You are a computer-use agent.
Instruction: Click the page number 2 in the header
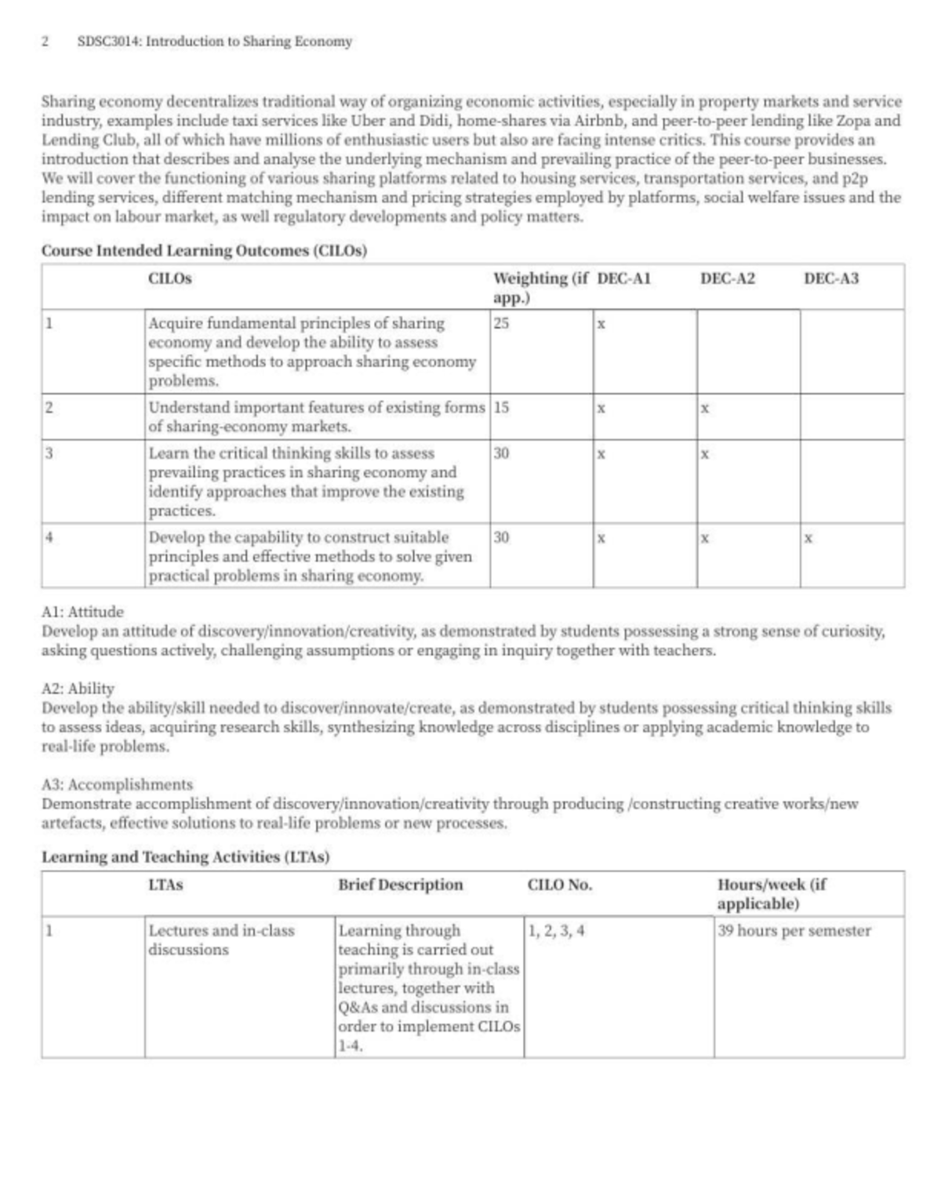tap(45, 42)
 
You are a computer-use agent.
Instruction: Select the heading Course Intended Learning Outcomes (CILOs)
tap(204, 251)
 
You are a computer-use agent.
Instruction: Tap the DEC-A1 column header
tap(624, 278)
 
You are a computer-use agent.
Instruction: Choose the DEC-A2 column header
tap(728, 278)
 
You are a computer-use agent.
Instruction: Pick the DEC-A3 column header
tap(831, 278)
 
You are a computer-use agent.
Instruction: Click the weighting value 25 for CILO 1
tap(501, 323)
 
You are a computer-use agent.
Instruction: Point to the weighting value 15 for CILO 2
tap(501, 408)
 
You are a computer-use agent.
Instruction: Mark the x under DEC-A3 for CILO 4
tap(808, 539)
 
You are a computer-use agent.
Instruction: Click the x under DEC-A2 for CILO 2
tap(705, 409)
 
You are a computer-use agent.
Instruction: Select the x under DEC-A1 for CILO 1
tap(601, 324)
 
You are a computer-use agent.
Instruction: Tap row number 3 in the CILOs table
tap(49, 453)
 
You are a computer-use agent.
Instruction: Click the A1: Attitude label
tap(82, 612)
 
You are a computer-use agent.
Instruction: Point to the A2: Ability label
tap(78, 689)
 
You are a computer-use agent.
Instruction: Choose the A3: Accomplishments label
tap(117, 784)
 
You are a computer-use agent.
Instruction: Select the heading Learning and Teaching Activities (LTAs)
tap(185, 857)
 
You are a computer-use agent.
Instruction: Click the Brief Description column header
tap(401, 885)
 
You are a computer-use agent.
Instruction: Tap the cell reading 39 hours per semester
tap(794, 931)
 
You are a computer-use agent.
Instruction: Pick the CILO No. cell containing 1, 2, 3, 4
tap(556, 931)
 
